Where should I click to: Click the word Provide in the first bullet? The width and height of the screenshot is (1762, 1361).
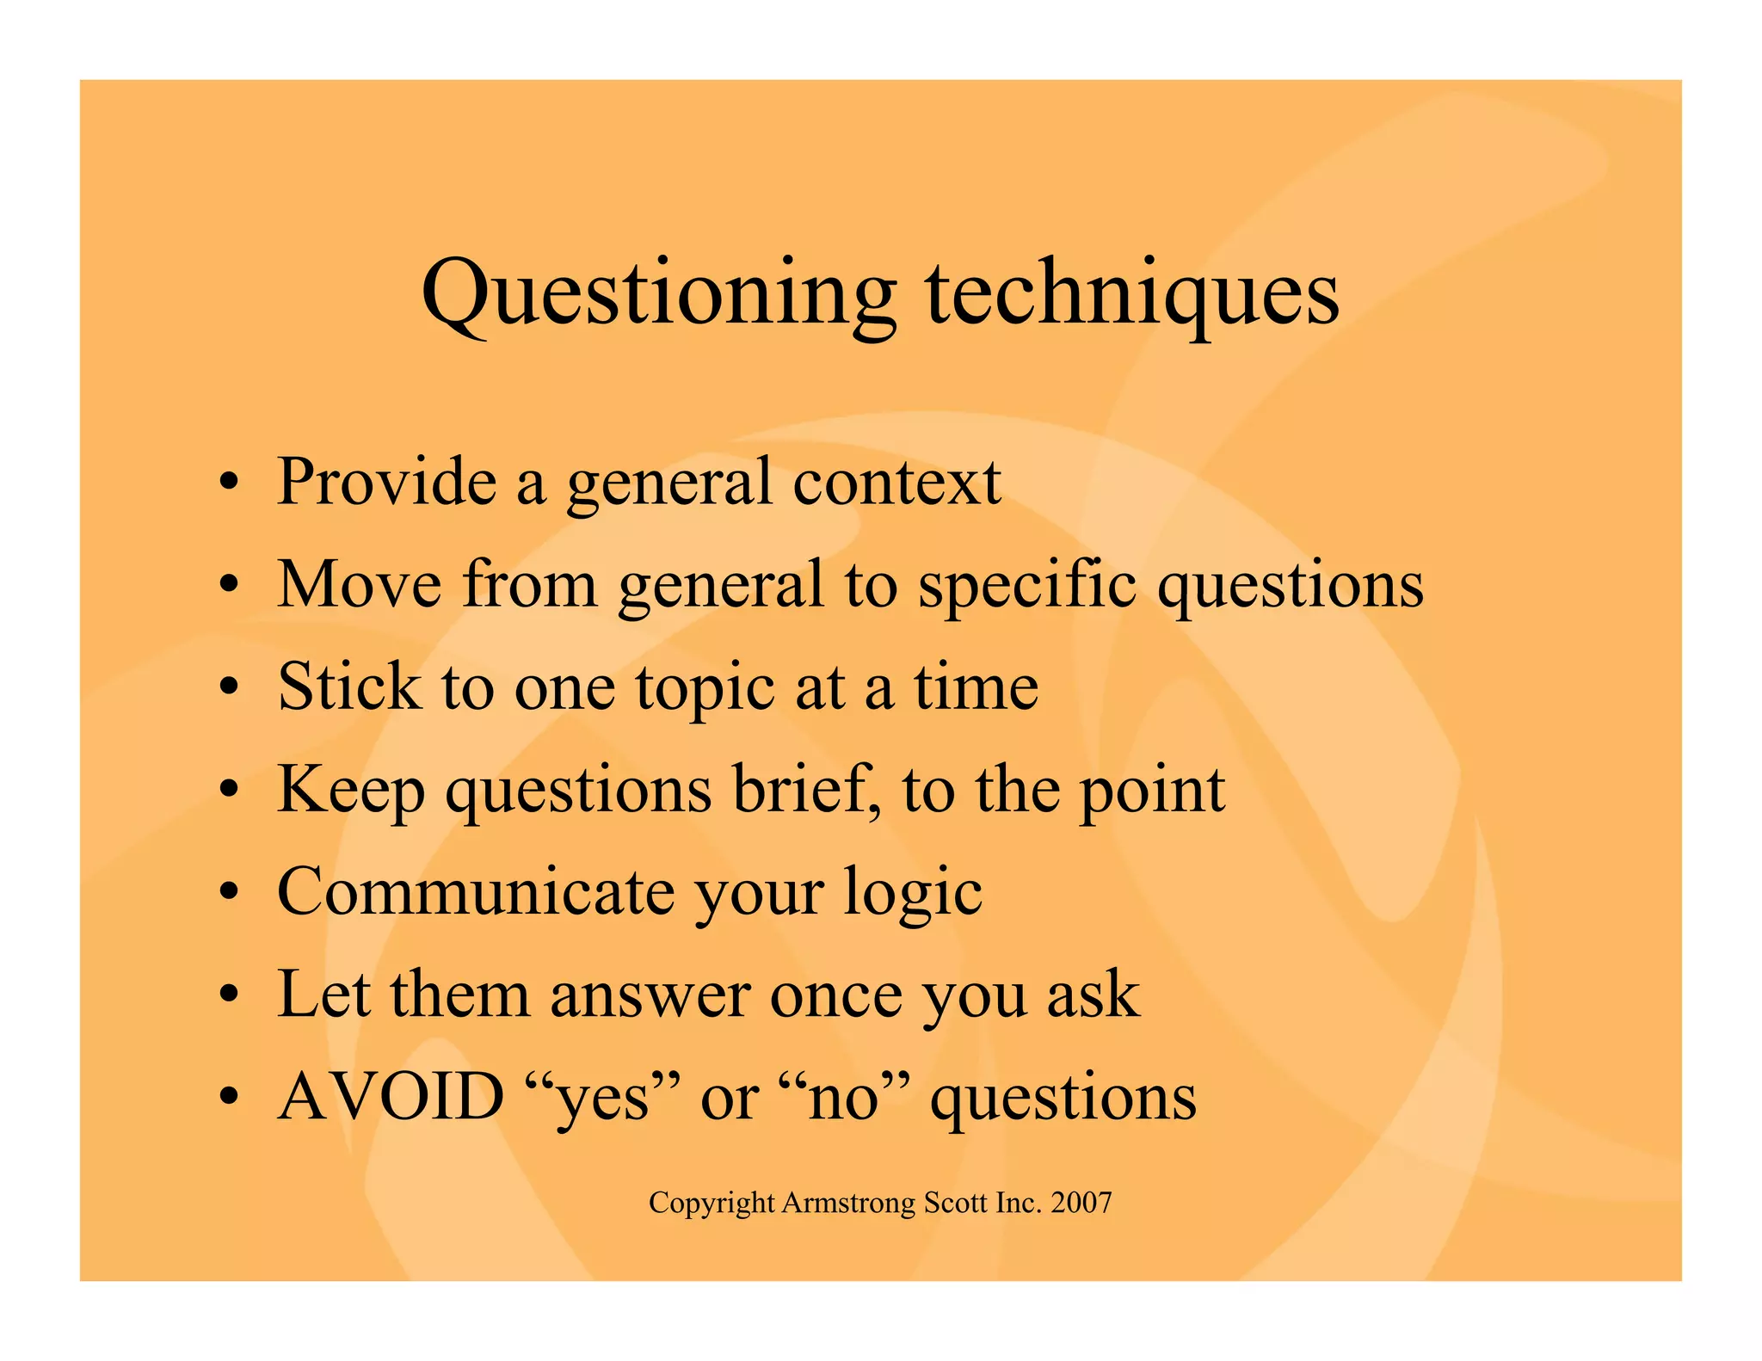[386, 482]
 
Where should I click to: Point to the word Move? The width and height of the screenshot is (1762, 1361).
[359, 585]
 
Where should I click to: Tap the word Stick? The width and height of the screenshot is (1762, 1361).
[349, 687]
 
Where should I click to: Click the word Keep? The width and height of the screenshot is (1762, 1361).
[350, 791]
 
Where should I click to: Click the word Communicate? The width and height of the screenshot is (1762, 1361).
[476, 892]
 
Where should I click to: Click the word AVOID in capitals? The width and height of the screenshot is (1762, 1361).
[391, 1097]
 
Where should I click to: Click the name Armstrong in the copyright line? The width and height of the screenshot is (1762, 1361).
[849, 1203]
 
